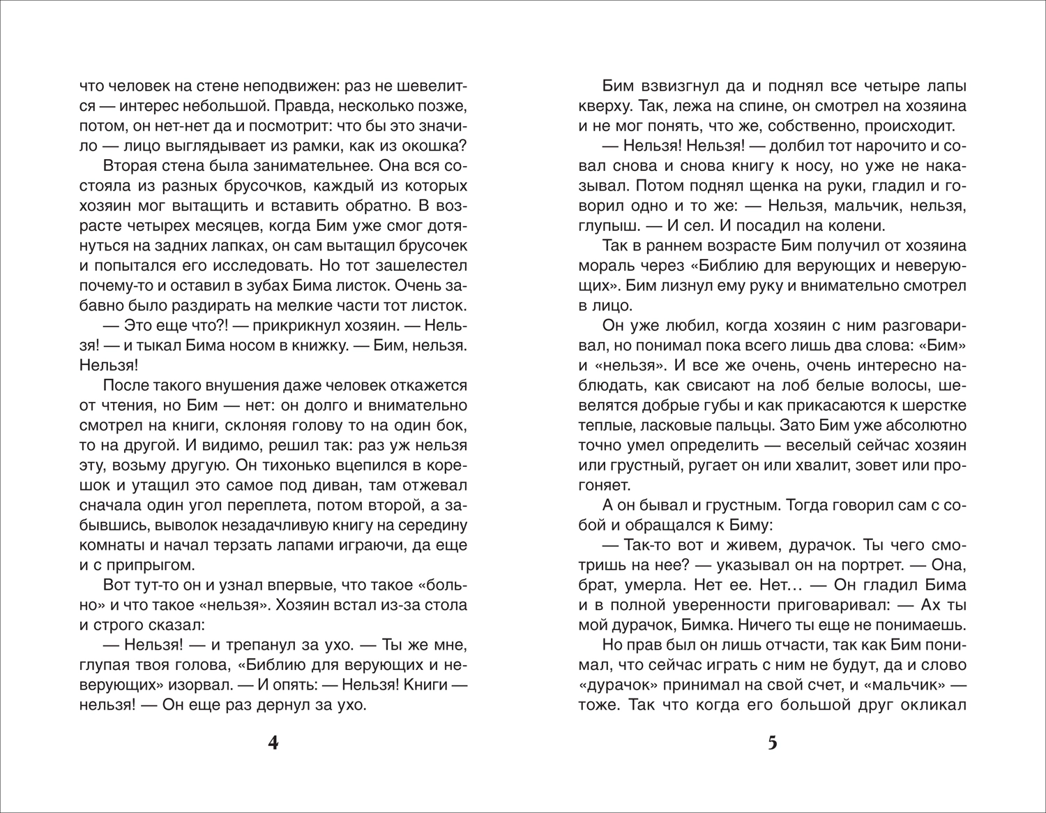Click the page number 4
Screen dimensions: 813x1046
click(x=273, y=743)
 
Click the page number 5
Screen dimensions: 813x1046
click(x=772, y=743)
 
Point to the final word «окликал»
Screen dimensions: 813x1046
click(x=932, y=704)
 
